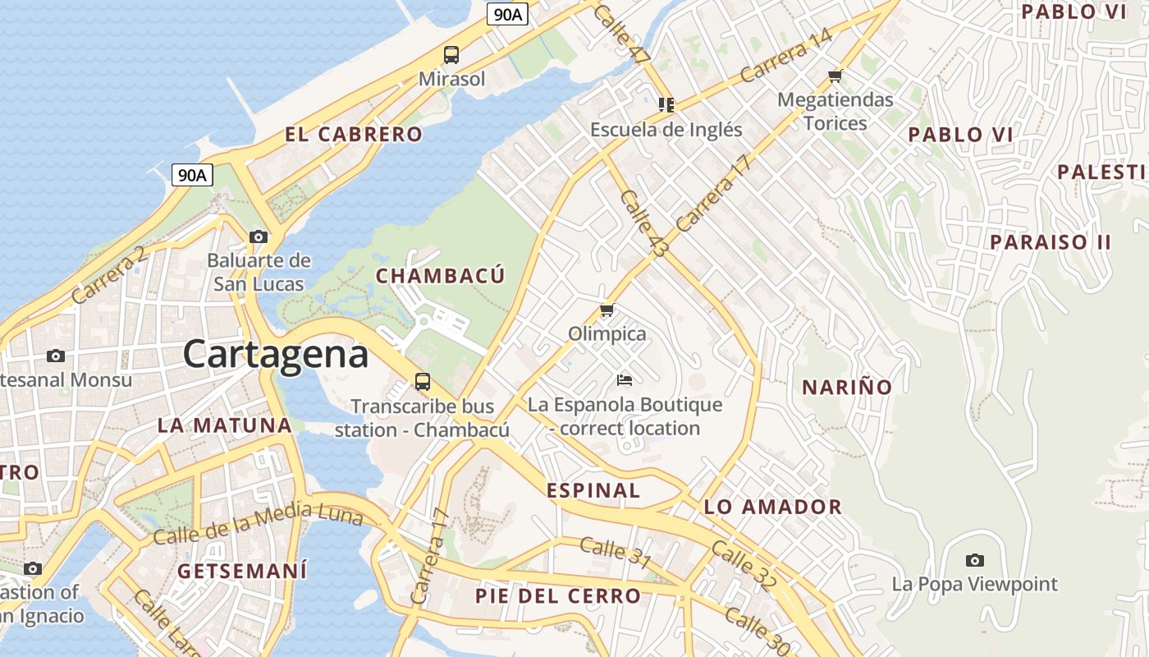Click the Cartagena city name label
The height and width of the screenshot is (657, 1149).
pos(276,354)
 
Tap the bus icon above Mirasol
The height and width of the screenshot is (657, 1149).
pos(451,55)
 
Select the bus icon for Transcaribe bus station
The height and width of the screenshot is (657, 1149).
pos(423,382)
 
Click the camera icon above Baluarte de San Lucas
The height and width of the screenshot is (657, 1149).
pos(259,237)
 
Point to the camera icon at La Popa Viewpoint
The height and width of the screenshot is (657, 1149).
pos(975,561)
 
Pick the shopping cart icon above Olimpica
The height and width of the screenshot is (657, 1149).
pos(607,310)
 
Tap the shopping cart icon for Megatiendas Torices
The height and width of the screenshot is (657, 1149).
pos(835,76)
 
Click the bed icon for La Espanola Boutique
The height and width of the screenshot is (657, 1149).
pos(625,379)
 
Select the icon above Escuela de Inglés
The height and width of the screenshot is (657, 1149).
pos(666,105)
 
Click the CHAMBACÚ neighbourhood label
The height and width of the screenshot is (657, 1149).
pos(440,276)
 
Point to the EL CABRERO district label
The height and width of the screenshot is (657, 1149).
pos(354,135)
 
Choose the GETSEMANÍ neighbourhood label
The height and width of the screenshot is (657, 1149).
pos(242,571)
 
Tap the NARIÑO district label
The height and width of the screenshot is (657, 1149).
pos(847,388)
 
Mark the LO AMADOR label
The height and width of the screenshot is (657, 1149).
pos(773,507)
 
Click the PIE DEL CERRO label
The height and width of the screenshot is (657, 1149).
pos(558,596)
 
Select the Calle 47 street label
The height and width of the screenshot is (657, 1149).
pos(620,34)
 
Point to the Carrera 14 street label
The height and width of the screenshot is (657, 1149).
pos(786,56)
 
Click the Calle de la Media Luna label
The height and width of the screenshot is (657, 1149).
pos(258,522)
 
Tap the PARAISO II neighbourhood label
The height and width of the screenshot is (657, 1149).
pos(1051,242)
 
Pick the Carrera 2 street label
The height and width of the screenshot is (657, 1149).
pos(109,276)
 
